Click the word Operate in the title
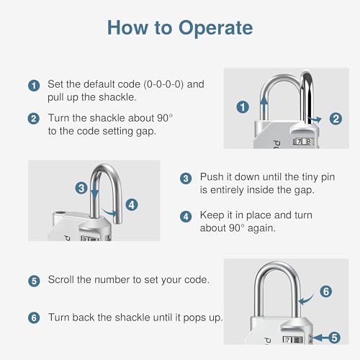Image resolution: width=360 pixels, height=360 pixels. [214, 28]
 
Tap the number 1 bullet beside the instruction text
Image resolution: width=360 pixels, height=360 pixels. [34, 85]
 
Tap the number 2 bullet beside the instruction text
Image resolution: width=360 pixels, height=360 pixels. [34, 118]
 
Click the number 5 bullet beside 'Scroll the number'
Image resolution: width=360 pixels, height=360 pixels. [34, 280]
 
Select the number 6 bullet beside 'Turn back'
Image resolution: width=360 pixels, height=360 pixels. [34, 318]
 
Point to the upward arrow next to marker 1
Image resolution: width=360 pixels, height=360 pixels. [264, 104]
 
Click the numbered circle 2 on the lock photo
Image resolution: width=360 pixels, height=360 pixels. [335, 119]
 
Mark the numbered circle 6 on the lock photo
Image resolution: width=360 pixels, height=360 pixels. [325, 292]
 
